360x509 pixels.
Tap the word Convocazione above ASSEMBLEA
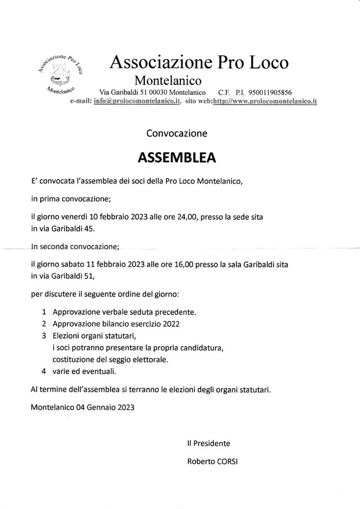point(177,133)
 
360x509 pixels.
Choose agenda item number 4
point(45,371)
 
